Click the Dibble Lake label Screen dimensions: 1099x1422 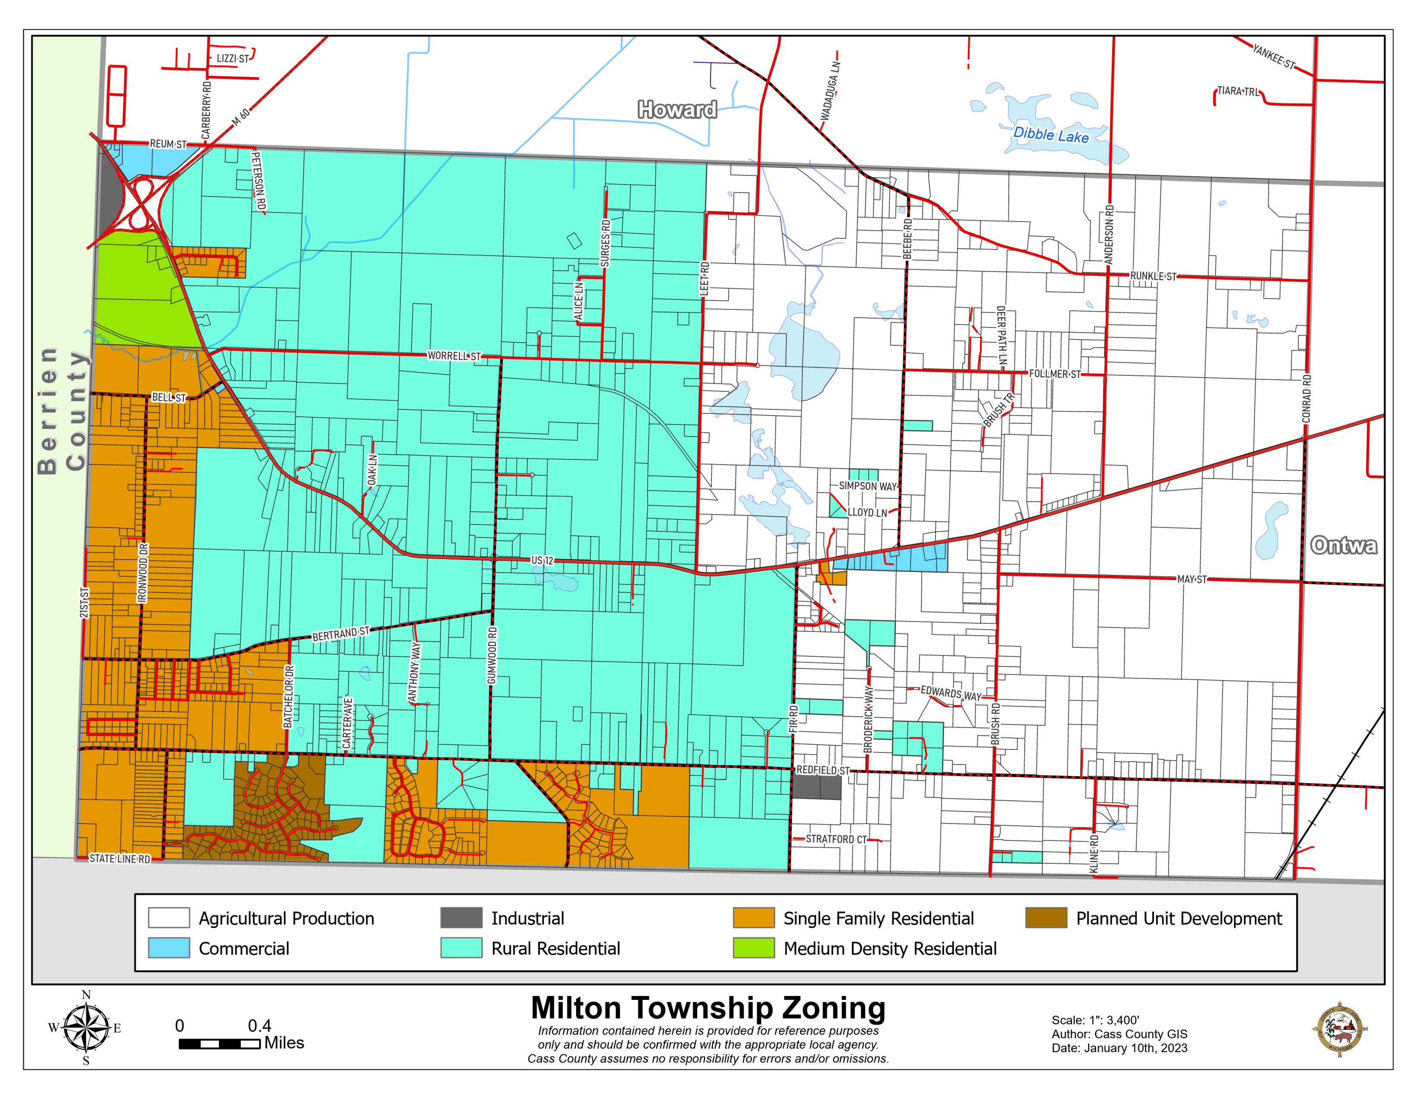tap(1051, 135)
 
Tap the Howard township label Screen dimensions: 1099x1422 tap(677, 109)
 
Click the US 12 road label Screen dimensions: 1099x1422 tap(542, 560)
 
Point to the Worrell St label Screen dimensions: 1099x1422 tap(454, 356)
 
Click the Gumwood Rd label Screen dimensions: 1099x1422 tap(492, 655)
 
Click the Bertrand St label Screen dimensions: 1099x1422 tap(340, 634)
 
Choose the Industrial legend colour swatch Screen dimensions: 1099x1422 tap(461, 918)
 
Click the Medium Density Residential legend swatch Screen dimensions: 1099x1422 tap(753, 948)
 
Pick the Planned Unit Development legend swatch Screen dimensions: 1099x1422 tap(1046, 918)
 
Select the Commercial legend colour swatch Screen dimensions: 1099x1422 tap(168, 948)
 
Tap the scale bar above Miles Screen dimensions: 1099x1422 tap(219, 1044)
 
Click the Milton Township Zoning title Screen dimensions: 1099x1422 tap(708, 1008)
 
